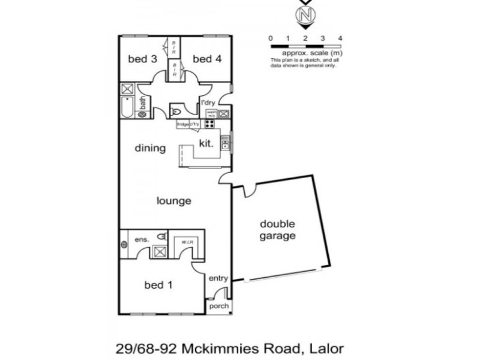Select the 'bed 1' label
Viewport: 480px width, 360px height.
click(158, 285)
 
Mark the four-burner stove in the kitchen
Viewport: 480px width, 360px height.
click(211, 124)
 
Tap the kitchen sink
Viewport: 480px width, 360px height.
click(225, 142)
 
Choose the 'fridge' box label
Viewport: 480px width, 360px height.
click(182, 124)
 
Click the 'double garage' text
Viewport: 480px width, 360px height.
click(277, 230)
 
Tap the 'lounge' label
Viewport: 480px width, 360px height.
click(174, 201)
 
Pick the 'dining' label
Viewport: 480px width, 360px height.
click(150, 148)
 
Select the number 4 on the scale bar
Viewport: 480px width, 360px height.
click(340, 38)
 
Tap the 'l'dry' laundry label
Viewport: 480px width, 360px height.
click(208, 103)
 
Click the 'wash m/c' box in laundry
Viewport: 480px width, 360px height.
click(211, 113)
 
